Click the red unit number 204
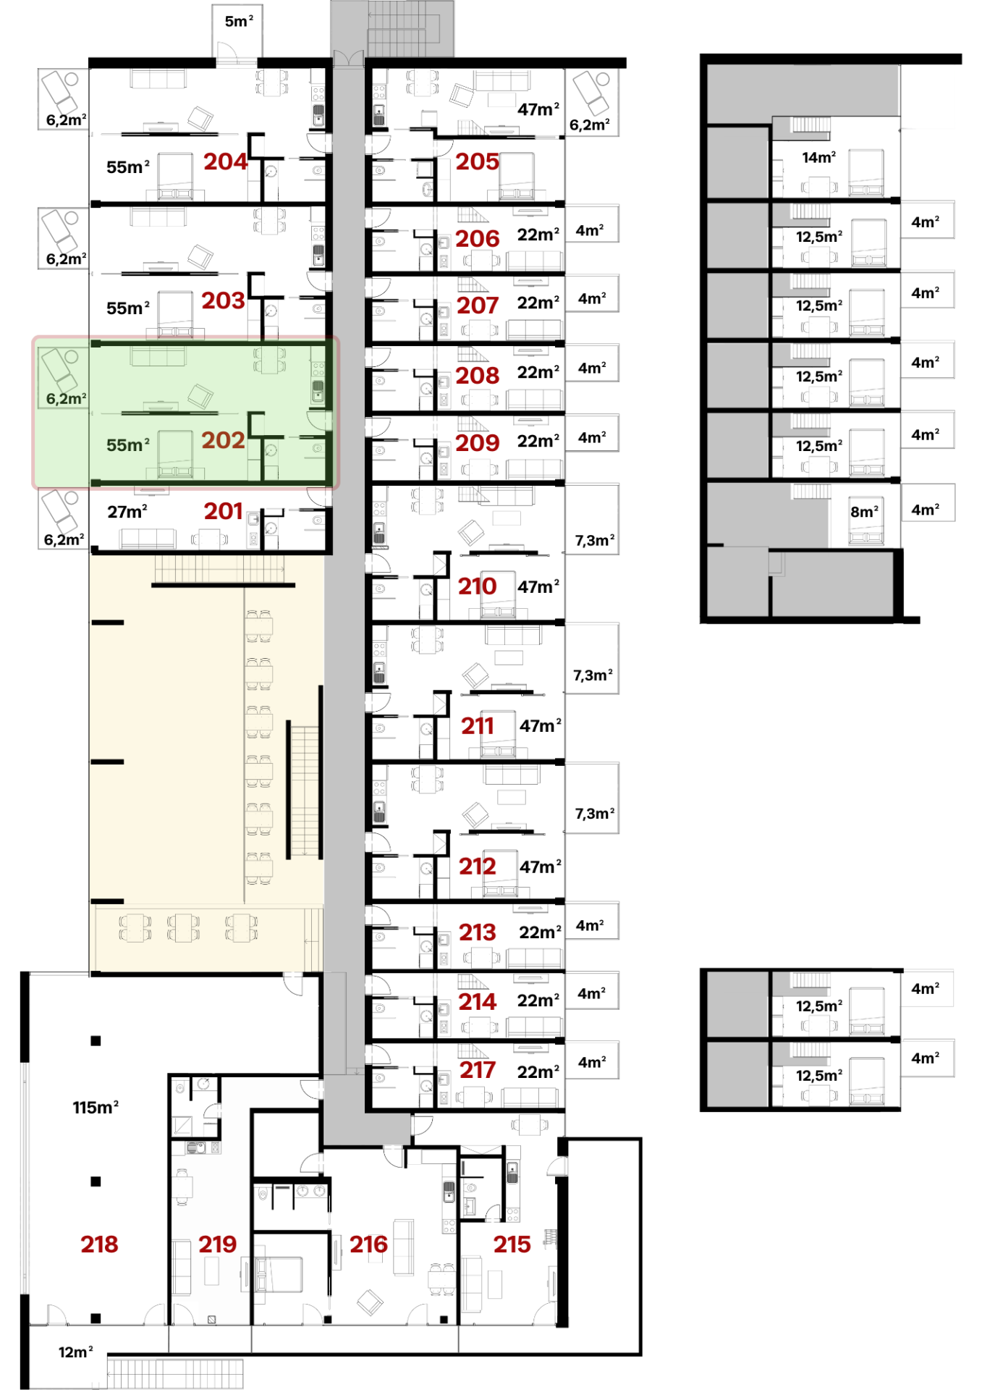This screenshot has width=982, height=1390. [x=225, y=161]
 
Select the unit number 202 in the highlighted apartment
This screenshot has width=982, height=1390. [x=223, y=440]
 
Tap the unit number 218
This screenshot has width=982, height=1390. [x=99, y=1244]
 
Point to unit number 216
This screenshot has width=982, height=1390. [x=368, y=1244]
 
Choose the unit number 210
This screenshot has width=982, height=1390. [x=477, y=586]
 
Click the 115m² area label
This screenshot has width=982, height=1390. [x=96, y=1107]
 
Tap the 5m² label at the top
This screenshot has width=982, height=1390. [x=239, y=21]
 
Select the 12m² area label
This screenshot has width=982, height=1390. [x=76, y=1352]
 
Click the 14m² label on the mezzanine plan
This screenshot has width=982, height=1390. [x=819, y=157]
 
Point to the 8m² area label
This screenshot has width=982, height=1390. [x=865, y=512]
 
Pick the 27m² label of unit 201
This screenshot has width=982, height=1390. [x=127, y=512]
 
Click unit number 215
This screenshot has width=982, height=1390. [x=512, y=1244]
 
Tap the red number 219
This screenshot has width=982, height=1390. [x=217, y=1244]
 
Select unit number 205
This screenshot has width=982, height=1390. [x=477, y=161]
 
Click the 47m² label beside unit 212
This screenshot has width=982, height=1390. [x=541, y=867]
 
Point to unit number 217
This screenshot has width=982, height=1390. [x=477, y=1070]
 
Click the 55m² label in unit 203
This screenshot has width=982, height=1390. [x=128, y=308]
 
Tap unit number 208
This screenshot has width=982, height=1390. [x=477, y=376]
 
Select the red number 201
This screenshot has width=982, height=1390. [x=223, y=511]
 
